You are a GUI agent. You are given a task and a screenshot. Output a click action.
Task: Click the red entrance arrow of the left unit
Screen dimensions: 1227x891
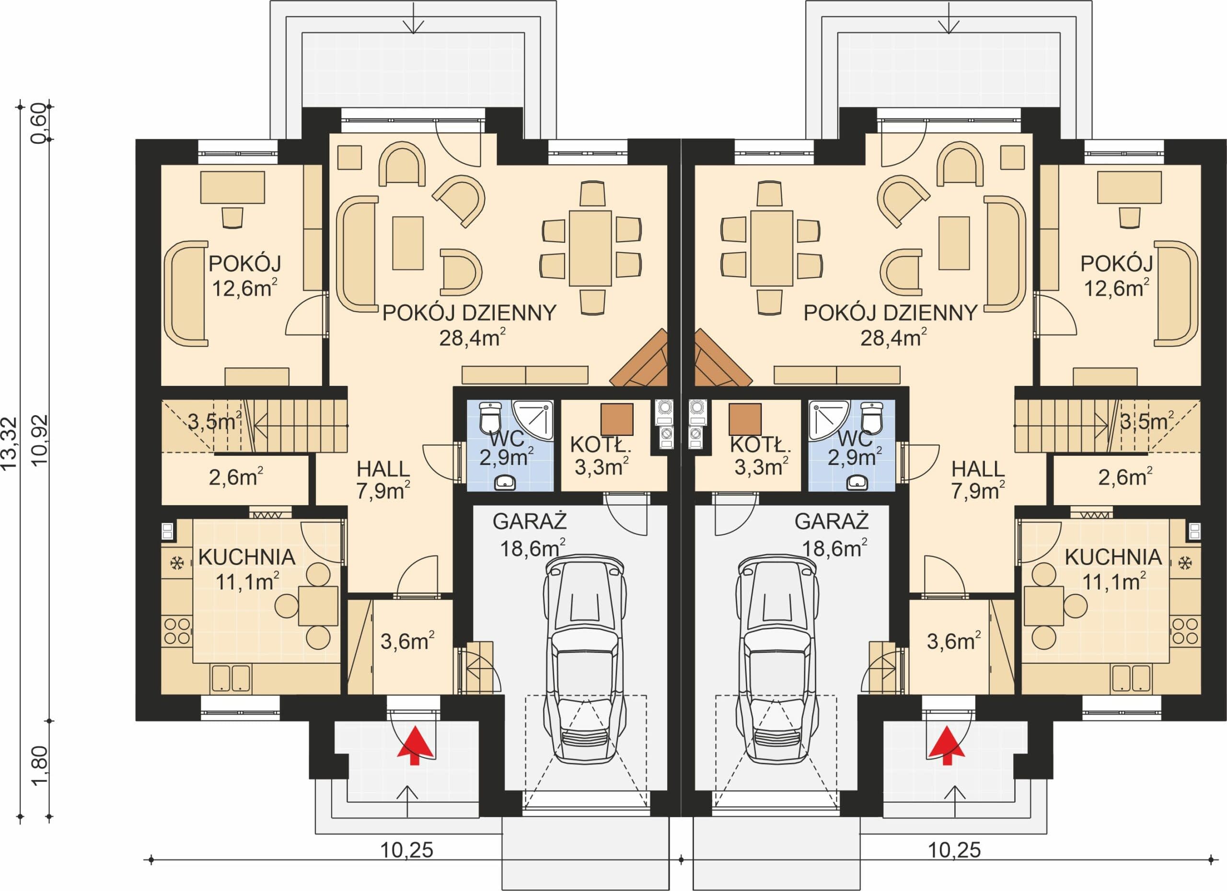415,745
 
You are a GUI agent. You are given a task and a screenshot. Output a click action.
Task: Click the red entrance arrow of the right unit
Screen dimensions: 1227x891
947,745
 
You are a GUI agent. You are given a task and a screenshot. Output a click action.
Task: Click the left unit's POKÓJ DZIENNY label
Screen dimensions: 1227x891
470,313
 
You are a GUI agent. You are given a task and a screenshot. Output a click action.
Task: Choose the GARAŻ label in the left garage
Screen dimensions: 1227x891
530,521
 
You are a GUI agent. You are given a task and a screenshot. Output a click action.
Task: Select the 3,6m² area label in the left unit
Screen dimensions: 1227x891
407,641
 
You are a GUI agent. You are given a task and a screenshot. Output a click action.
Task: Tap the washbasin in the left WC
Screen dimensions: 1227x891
505,482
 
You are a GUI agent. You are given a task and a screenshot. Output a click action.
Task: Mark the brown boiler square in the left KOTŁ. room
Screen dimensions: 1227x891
617,419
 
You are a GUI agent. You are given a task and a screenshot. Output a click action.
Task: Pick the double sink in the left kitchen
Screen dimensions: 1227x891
231,678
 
